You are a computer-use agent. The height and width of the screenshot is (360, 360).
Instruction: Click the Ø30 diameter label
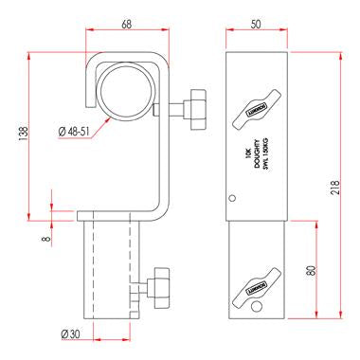pyautogui.click(x=70, y=334)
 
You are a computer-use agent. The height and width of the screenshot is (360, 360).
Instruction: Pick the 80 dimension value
pyautogui.click(x=312, y=269)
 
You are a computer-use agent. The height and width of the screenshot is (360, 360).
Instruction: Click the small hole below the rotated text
pyautogui.click(x=234, y=198)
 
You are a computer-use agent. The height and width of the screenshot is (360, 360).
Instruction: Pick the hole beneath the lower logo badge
pyautogui.click(x=257, y=307)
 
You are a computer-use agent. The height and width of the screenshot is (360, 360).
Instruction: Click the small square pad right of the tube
pyautogui.click(x=153, y=111)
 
